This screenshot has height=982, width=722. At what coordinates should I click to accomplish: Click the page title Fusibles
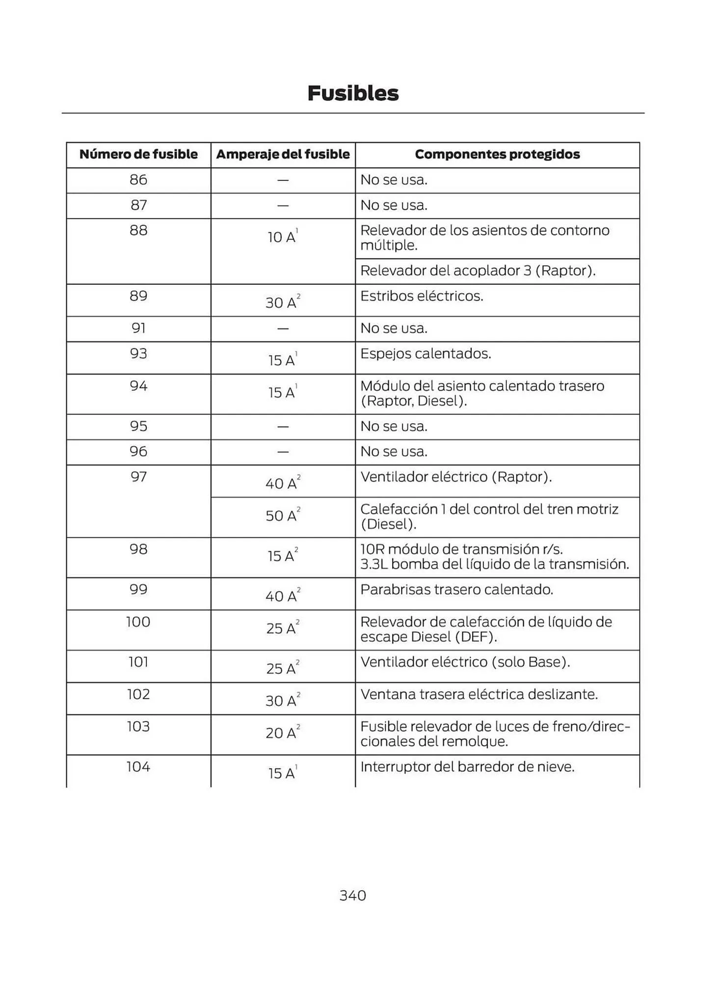click(x=353, y=93)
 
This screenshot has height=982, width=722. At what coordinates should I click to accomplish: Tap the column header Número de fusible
click(x=138, y=154)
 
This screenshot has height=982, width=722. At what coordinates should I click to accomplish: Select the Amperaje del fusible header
click(x=283, y=154)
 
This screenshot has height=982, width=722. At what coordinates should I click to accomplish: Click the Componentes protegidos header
click(x=497, y=154)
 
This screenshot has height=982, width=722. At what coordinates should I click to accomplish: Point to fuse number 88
click(x=138, y=230)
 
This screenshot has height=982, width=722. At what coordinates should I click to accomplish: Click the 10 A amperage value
click(x=282, y=237)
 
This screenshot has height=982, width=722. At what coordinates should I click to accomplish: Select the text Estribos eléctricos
click(x=422, y=296)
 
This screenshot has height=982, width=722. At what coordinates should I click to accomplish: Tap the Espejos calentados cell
click(x=426, y=354)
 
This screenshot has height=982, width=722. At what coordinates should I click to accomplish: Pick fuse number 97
click(x=138, y=477)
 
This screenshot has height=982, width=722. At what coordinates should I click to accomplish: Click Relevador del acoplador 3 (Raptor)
click(x=478, y=271)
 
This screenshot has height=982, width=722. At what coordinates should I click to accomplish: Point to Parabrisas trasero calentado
click(x=456, y=589)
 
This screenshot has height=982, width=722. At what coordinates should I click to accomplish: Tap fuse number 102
click(x=138, y=694)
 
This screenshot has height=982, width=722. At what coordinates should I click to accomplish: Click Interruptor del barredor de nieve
click(x=467, y=766)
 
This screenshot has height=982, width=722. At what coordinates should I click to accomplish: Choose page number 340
click(x=352, y=895)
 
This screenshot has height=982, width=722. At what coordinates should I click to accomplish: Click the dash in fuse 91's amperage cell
click(x=283, y=328)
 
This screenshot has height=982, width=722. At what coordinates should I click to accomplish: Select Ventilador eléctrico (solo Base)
click(x=465, y=662)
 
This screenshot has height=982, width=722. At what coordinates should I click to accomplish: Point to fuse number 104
click(x=138, y=766)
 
